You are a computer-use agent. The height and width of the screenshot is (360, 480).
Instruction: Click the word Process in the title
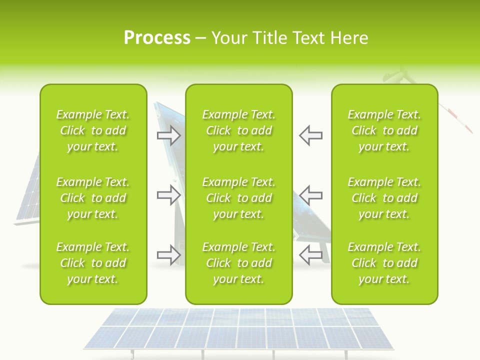157,38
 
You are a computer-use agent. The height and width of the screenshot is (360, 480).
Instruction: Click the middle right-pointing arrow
169,195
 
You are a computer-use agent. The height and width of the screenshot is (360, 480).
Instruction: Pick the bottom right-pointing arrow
169,255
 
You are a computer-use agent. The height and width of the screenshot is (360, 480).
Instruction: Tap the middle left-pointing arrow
310,195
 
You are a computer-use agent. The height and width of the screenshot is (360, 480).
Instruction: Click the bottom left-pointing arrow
310,255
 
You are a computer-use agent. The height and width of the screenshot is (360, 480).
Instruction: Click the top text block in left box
93,130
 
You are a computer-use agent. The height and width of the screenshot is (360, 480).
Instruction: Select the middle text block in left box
93,198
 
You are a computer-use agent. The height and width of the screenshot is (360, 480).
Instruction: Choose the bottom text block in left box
93,263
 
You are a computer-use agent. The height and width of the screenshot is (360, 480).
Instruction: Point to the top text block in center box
238,130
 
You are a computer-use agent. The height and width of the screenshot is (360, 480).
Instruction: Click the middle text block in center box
238,198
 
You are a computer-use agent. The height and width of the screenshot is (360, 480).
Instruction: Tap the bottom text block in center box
238,263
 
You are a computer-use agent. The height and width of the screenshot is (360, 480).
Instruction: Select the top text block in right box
384,130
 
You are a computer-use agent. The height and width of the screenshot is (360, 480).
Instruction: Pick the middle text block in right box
384,198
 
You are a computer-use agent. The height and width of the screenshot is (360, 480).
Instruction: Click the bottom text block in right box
384,263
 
